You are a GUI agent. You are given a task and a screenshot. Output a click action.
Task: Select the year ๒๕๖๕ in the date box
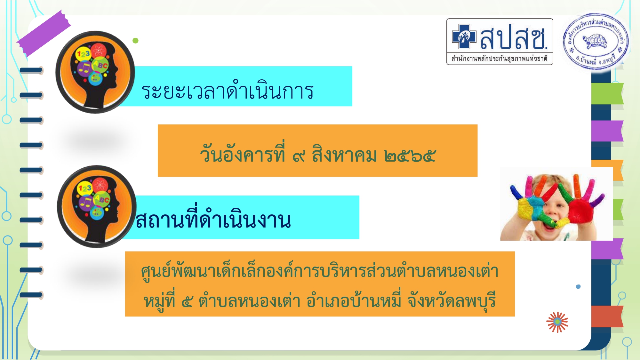(x=410, y=156)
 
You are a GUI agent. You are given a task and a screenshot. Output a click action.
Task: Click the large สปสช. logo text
(x=514, y=37)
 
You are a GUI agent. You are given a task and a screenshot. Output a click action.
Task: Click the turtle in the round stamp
(x=596, y=41)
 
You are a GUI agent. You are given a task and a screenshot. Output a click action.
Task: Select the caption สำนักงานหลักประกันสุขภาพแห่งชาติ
(x=500, y=59)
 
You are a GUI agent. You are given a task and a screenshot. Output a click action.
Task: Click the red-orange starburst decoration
(x=557, y=322)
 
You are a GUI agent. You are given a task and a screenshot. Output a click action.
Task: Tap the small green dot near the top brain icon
(x=135, y=41)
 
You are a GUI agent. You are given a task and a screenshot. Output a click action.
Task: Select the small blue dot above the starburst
(x=578, y=287)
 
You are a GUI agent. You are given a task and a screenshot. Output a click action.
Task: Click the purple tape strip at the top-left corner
(x=44, y=34)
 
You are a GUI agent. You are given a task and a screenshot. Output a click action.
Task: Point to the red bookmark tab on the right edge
(x=607, y=316)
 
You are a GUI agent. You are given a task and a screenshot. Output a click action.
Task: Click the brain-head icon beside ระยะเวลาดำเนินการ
(x=95, y=72)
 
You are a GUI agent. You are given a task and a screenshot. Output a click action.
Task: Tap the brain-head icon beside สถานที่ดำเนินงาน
(x=96, y=206)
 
